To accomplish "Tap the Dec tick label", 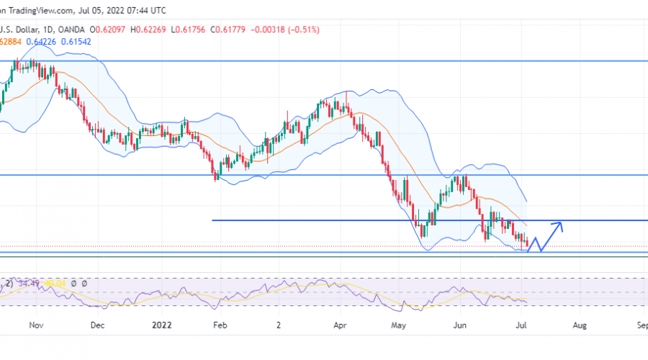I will click(99, 325).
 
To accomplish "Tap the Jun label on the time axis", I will click(459, 325).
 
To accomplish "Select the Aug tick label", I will click(580, 325).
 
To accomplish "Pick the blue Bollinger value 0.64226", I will click(42, 41).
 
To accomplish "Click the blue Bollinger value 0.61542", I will click(77, 41).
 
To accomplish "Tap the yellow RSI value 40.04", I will click(55, 284).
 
